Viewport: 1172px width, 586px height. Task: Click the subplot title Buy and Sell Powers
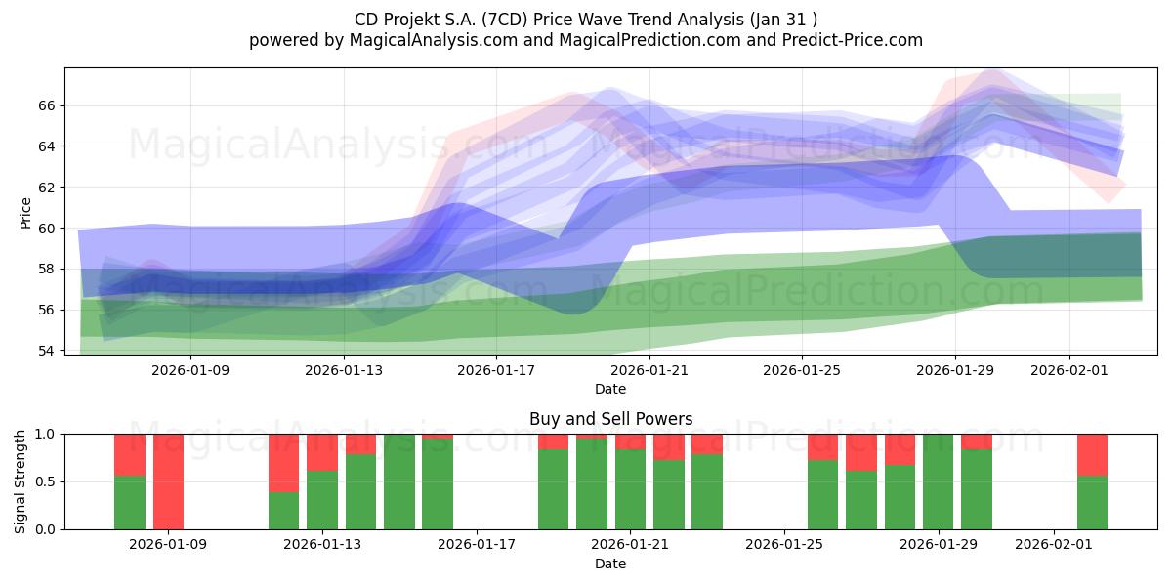coord(610,419)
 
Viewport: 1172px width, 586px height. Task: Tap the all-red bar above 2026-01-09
coord(169,481)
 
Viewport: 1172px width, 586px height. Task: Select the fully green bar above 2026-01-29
coord(938,481)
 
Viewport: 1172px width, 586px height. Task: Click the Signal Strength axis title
coord(21,481)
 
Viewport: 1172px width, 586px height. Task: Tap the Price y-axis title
coord(25,213)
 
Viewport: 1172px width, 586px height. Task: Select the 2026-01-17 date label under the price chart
coord(497,370)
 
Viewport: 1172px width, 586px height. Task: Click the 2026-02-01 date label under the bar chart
coord(1054,544)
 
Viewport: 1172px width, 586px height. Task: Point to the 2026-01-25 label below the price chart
coord(802,370)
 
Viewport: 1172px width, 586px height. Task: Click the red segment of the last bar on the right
coord(1092,454)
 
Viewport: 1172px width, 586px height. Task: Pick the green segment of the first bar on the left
coord(130,502)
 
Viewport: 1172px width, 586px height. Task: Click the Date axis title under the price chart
coord(610,389)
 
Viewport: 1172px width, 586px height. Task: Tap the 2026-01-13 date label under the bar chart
coord(322,544)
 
